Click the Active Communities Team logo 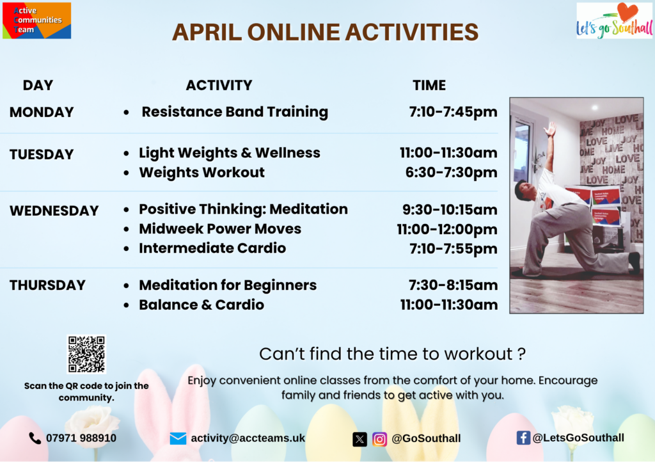(36, 20)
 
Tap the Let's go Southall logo (614, 20)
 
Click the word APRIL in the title (207, 32)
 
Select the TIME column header (429, 85)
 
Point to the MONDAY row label (42, 112)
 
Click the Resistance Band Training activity (235, 112)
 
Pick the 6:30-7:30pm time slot (451, 173)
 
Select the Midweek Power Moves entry (220, 229)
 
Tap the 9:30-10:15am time (450, 209)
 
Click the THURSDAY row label (47, 285)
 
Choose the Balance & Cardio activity (201, 305)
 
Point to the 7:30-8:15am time (454, 285)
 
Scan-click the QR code (86, 354)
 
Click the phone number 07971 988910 (81, 438)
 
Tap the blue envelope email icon (178, 438)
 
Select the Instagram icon (379, 440)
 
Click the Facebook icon (523, 438)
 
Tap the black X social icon (359, 440)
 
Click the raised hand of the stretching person (551, 129)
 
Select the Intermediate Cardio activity (212, 248)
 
